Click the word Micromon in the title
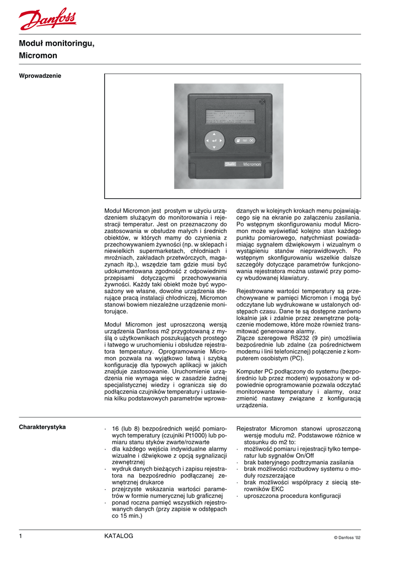pyautogui.click(x=38, y=56)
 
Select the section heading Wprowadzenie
pyautogui.click(x=40, y=75)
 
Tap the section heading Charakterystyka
pyautogui.click(x=42, y=427)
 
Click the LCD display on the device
pyautogui.click(x=230, y=116)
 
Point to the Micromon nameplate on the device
pyautogui.click(x=252, y=164)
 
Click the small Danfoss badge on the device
pyautogui.click(x=231, y=164)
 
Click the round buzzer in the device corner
pyautogui.click(x=262, y=102)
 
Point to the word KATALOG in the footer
pyautogui.click(x=118, y=536)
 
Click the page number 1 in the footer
pyautogui.click(x=20, y=536)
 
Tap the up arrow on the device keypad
pyautogui.click(x=214, y=134)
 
